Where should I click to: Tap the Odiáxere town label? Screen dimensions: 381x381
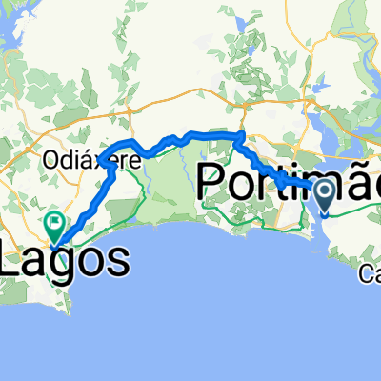[92, 161]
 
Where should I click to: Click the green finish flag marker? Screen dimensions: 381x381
[54, 226]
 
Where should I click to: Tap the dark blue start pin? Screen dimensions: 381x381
[325, 195]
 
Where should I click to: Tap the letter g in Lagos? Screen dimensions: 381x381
[74, 264]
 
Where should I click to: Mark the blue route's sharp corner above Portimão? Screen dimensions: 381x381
[240, 133]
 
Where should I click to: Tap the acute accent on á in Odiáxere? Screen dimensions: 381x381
[88, 152]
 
